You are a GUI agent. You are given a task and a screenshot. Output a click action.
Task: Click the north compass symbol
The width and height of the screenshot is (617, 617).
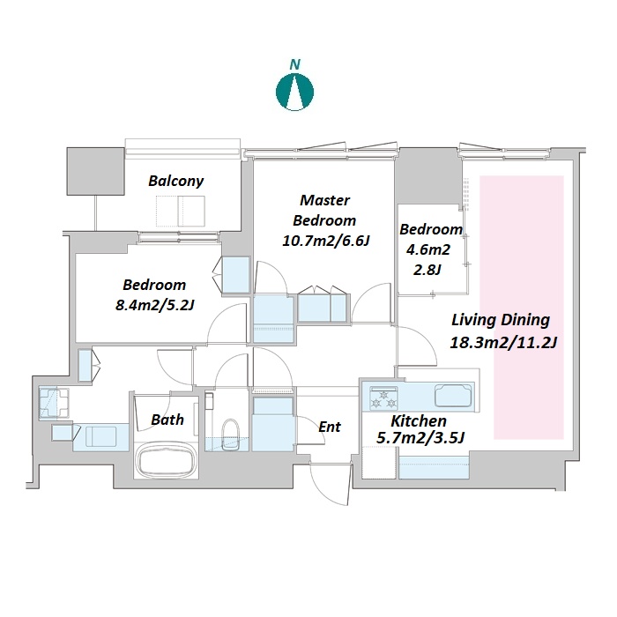(294, 92)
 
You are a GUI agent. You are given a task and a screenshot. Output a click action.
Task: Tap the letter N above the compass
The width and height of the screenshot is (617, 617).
(294, 64)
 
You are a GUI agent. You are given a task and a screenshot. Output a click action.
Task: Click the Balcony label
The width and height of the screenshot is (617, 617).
(176, 181)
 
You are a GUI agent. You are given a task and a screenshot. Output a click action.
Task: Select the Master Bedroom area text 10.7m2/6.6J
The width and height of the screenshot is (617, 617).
(325, 241)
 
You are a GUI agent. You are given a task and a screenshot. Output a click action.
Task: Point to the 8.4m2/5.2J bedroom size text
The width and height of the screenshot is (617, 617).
(154, 305)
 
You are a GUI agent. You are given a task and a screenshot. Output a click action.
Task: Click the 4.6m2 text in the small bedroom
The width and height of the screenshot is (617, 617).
(428, 249)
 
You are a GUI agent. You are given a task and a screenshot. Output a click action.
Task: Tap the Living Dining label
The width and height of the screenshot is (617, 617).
(500, 320)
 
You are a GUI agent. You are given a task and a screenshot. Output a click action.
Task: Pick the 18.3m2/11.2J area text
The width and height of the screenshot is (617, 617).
(503, 342)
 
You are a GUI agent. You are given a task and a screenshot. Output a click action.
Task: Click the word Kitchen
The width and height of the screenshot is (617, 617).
(419, 421)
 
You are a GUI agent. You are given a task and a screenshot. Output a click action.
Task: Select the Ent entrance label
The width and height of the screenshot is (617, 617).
(330, 427)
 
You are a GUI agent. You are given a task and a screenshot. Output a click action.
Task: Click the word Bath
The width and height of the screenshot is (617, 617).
(167, 420)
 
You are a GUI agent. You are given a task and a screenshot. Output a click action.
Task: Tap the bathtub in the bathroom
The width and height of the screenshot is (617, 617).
(167, 461)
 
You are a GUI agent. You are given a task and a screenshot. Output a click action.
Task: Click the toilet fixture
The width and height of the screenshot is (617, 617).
(230, 434)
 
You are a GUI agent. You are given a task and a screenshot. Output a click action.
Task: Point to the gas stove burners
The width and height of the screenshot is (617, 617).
(383, 398)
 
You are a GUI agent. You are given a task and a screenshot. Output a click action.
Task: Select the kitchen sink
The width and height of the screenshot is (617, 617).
(453, 395)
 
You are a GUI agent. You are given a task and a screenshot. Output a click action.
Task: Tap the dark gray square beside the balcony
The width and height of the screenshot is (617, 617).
(95, 171)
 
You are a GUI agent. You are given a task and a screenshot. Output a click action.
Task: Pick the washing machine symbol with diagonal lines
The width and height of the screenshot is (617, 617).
(54, 403)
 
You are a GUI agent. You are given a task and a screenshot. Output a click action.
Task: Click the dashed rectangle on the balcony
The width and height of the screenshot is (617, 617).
(181, 212)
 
